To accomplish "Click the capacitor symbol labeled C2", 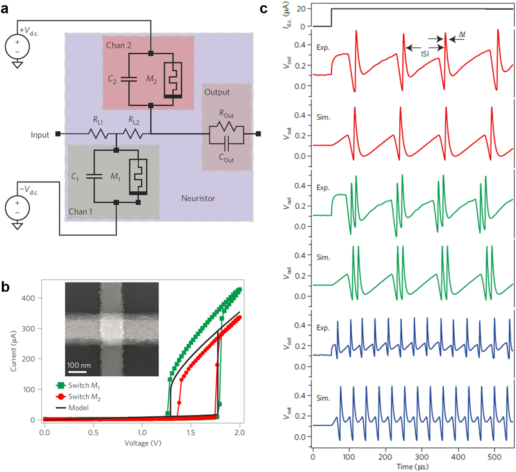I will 129,79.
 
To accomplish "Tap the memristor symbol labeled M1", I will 138,176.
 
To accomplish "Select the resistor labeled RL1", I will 98,134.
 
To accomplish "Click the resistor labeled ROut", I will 226,127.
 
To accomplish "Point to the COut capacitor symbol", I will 226,144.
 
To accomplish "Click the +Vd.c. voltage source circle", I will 17,46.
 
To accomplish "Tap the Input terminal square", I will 58,134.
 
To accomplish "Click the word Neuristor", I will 198,198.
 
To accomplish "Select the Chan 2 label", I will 119,45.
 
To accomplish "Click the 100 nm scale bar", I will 77,372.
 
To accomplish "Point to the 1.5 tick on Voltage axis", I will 191,433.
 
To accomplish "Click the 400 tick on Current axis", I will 28,298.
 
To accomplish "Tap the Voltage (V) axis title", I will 143,443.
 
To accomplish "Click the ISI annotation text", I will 425,54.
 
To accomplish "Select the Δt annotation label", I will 462,34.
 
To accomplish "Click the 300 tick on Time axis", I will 422,457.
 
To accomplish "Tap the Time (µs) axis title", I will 413,467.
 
